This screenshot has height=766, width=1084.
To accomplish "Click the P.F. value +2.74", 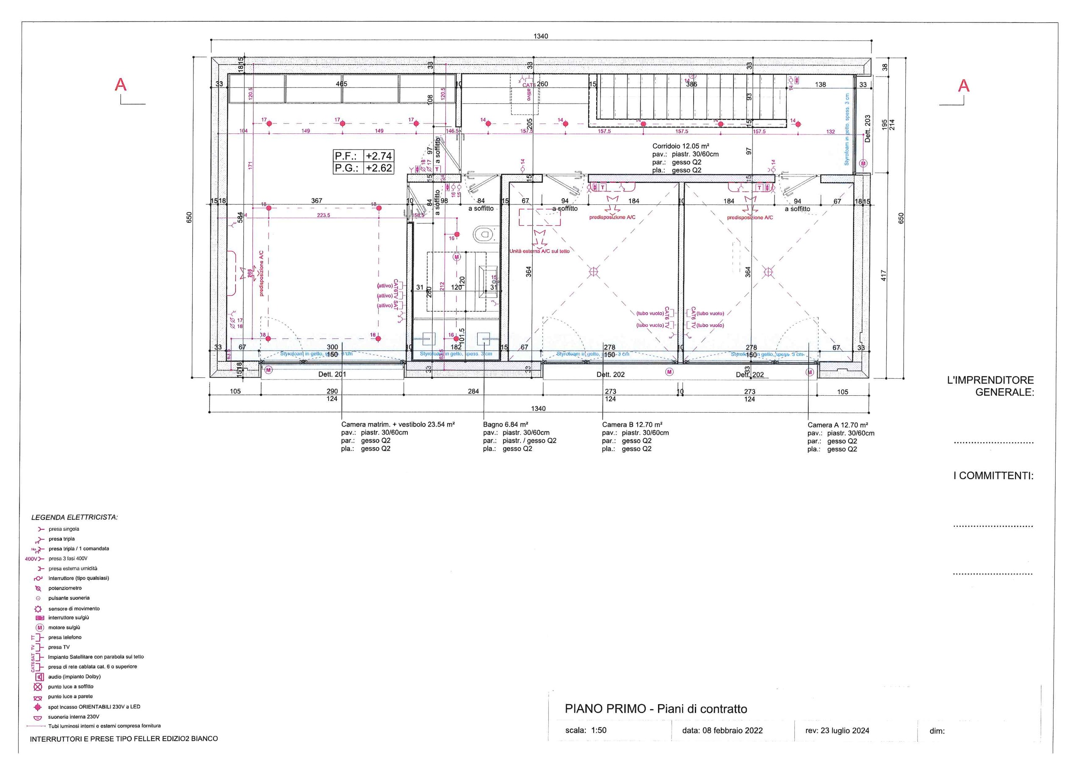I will pos(378,156).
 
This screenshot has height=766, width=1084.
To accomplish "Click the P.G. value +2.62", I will pos(378,168).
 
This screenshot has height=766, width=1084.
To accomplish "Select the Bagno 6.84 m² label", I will pos(505,424).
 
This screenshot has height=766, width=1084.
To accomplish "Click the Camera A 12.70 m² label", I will pos(838,425).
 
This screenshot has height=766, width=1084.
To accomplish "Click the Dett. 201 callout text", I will pos(332,374).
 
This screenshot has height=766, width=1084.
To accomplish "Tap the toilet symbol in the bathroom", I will pos(484,234).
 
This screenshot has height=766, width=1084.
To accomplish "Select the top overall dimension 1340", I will pos(541,36).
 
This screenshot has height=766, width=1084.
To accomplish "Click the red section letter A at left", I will pos(121,85).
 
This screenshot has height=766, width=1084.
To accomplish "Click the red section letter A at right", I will pos(964,86).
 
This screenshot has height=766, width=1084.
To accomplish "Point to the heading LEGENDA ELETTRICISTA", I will pos(75,517).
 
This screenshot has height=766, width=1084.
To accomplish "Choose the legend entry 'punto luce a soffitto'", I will pos(70,686).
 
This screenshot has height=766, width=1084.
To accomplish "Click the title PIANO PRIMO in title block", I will pos(605,708).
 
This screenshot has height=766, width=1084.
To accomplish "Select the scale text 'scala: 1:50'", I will pos(586,730).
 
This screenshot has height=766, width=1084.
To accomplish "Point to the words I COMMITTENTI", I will pos(993,476).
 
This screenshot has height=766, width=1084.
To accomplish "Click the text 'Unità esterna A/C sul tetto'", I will pos(539,251).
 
